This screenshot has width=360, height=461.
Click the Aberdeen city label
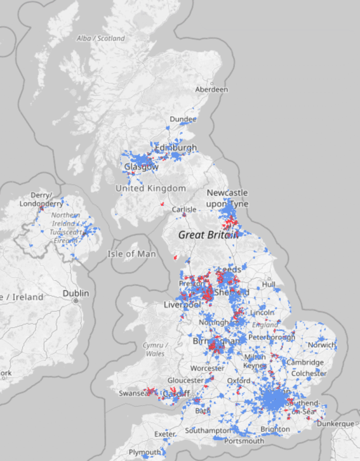211,90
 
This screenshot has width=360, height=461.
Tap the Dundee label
183,119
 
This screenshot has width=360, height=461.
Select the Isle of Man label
132,254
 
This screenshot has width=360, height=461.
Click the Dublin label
76,293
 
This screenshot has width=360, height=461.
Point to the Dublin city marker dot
76,301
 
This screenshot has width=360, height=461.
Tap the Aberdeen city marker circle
211,83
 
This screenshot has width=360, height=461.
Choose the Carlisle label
184,209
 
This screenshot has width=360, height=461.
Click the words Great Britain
208,235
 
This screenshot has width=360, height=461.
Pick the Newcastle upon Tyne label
227,198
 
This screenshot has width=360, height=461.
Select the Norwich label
321,345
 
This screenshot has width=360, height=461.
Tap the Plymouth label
145,452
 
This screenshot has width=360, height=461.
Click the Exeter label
164,434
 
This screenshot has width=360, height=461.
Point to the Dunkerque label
335,424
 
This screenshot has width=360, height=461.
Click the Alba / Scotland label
100,39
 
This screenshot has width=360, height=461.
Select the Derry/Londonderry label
41,199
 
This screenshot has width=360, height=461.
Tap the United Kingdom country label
150,188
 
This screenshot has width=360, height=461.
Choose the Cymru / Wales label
155,349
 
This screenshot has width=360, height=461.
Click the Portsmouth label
244,441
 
